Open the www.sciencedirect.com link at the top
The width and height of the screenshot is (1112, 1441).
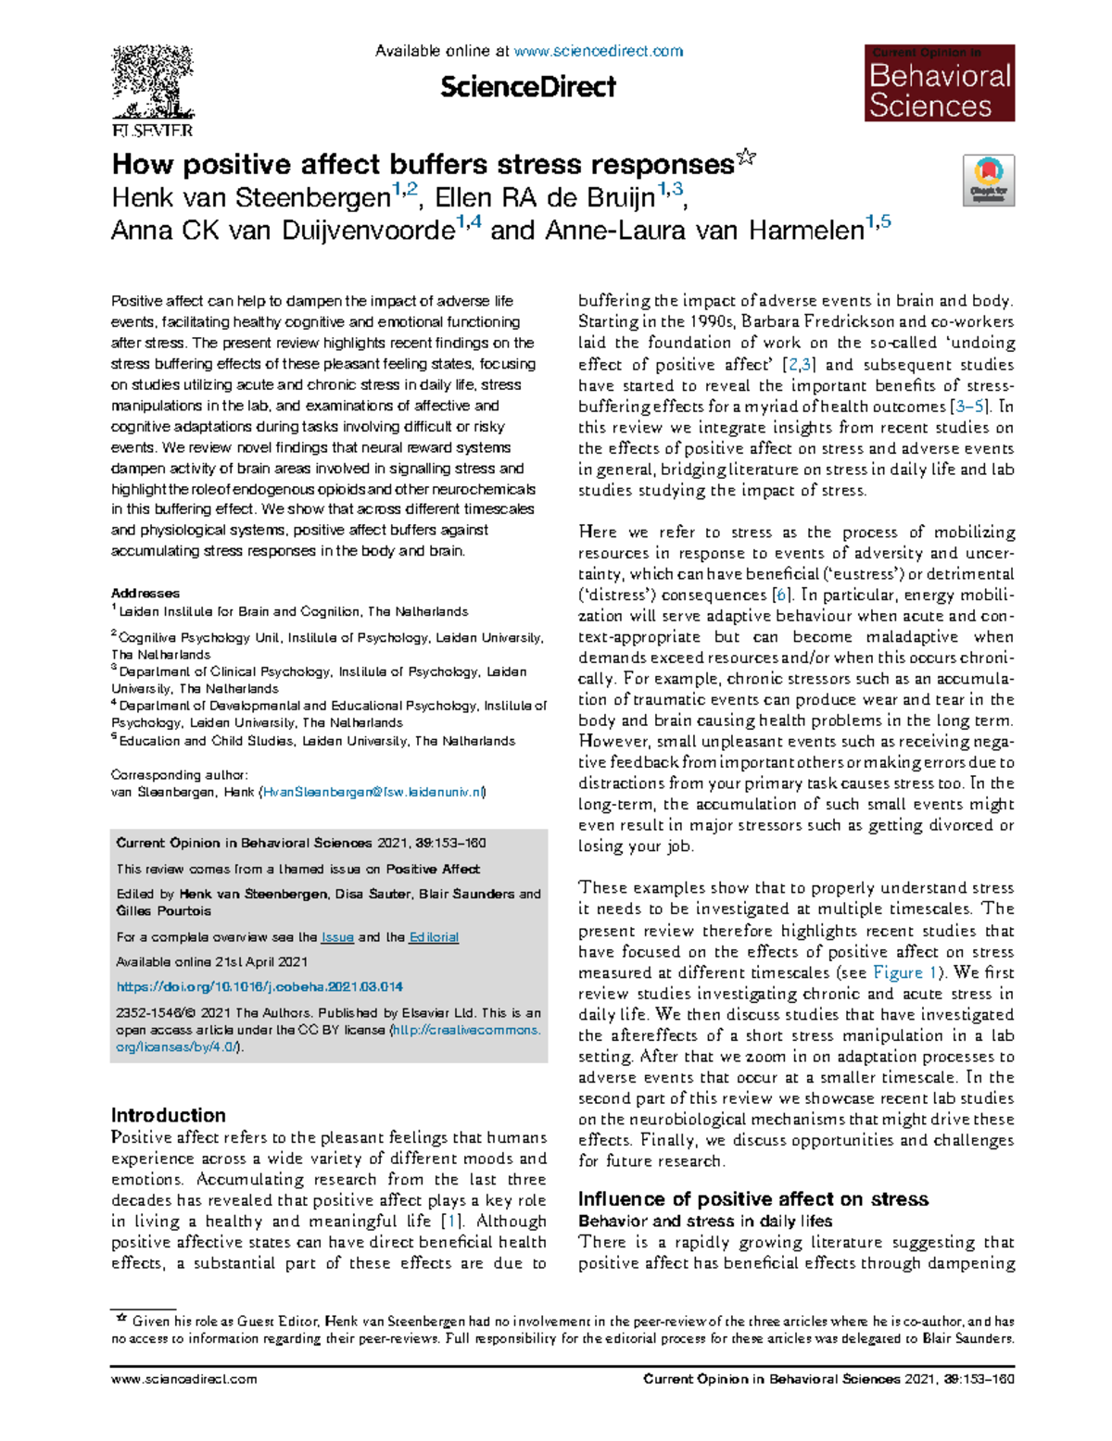pos(598,51)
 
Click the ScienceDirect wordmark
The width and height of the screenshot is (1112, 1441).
pos(527,87)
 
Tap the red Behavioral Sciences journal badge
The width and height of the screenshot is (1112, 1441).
pos(940,83)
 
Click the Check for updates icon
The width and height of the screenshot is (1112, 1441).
pos(989,180)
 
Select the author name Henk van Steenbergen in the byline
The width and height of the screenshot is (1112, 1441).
pos(250,198)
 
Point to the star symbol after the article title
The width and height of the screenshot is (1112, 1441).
pos(746,159)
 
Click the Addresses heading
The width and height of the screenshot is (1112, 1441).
pos(145,593)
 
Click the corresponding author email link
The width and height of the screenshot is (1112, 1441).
pos(373,792)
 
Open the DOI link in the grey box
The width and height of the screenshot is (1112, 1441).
pos(259,987)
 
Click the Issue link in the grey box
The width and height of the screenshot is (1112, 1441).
pos(337,937)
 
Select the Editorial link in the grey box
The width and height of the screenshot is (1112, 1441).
pos(434,937)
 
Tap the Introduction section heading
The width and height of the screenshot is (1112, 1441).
pos(169,1115)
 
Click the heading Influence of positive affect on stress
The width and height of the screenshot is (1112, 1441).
pos(752,1199)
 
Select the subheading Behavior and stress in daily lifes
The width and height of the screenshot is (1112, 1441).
pos(704,1222)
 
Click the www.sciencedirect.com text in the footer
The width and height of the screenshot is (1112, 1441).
pos(183,1379)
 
